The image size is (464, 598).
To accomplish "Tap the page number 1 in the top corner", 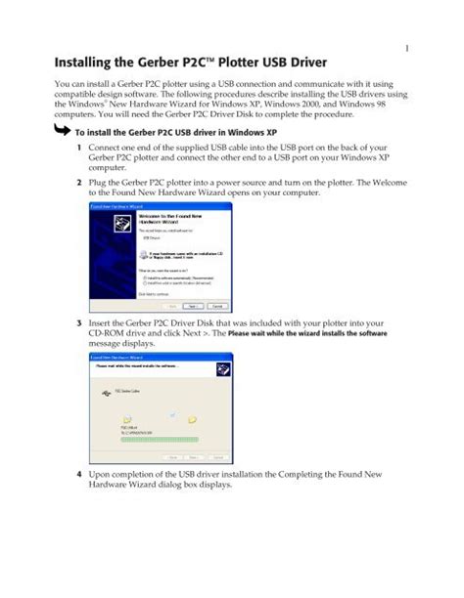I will click(x=405, y=46).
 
